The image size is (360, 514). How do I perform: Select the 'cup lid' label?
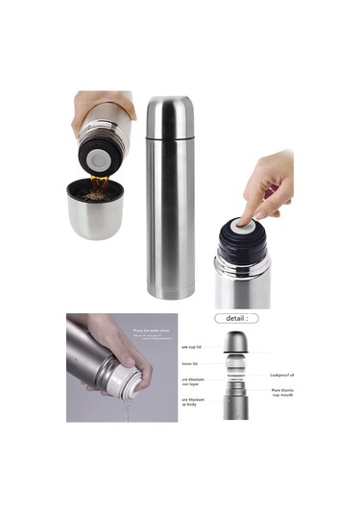pyautogui.click(x=192, y=347)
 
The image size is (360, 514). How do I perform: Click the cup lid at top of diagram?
pyautogui.click(x=236, y=343)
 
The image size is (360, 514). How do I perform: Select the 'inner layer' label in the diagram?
pyautogui.click(x=192, y=384)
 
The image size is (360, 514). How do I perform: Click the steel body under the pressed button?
pyautogui.click(x=242, y=285)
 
